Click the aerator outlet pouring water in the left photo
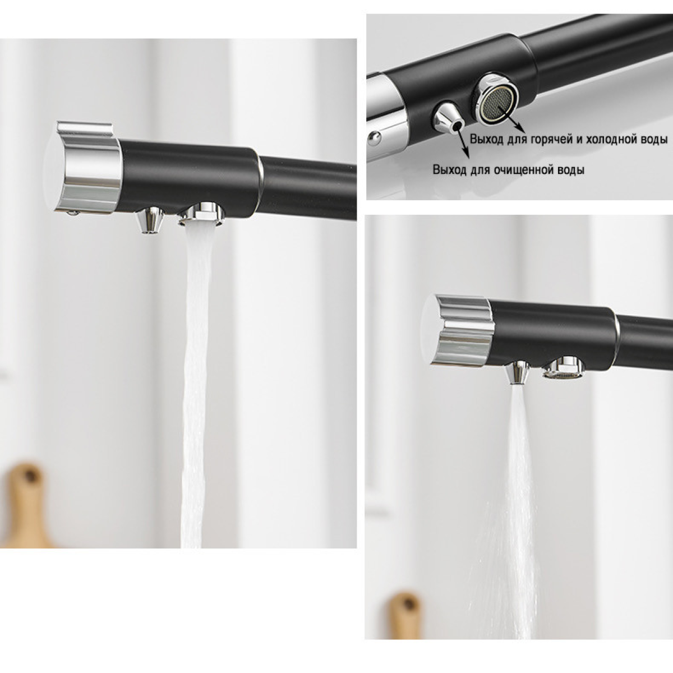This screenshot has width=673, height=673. (201, 214)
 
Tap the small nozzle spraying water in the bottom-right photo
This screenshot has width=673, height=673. (518, 372)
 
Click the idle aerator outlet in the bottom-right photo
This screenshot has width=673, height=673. (563, 368)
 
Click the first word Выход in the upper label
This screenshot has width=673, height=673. (486, 139)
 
